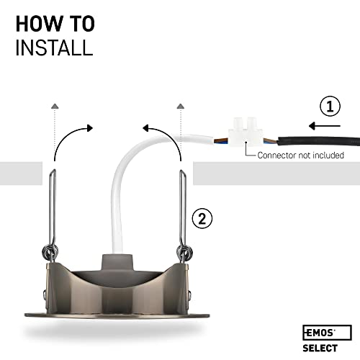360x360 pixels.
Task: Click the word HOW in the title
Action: tap(38, 24)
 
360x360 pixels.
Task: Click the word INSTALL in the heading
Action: tap(54, 48)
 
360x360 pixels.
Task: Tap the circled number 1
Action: tap(330, 107)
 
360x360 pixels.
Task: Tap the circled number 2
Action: tap(202, 219)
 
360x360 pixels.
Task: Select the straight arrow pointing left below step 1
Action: tap(325, 126)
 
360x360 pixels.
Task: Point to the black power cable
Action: tap(319, 141)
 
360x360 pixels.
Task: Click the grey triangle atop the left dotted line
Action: tap(55, 106)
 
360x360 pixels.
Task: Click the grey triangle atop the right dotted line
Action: tap(180, 106)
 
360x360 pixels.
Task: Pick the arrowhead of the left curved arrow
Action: tap(90, 128)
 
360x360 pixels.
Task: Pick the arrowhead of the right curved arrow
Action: tap(146, 128)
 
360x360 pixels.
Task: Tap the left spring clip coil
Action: tap(50, 251)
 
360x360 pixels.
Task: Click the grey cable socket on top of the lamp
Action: tap(117, 263)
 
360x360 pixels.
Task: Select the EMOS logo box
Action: tap(327, 333)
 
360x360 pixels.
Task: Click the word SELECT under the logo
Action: tap(320, 348)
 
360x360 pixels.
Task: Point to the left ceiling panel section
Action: tap(21, 174)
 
